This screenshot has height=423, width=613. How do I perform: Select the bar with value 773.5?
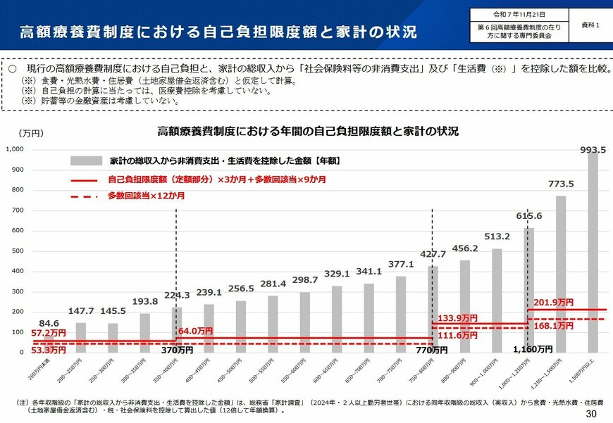(561, 274)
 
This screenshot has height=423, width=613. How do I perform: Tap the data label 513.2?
(497, 236)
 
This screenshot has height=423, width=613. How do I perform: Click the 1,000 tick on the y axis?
(15, 149)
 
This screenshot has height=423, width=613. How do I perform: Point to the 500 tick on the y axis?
(18, 251)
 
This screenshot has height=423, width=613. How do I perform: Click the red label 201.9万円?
(554, 302)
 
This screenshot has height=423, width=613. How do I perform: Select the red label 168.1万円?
(554, 326)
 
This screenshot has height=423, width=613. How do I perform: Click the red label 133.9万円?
(457, 318)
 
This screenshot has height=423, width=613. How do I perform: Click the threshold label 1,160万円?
(532, 348)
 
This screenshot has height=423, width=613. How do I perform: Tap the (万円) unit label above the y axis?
(32, 133)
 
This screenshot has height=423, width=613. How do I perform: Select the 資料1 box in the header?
(590, 25)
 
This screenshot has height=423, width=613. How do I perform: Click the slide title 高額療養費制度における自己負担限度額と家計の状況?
(218, 32)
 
